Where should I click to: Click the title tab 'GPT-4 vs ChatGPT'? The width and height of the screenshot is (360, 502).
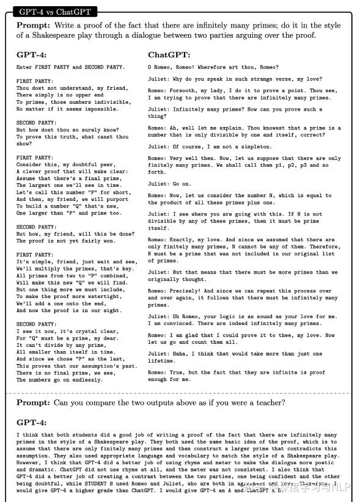54,12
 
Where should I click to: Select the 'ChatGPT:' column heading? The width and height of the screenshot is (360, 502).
169,54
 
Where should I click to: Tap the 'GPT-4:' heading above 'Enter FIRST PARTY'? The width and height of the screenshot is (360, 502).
31,54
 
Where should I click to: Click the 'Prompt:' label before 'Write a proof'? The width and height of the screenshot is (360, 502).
34,26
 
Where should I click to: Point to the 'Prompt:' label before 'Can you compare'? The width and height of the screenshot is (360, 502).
34,402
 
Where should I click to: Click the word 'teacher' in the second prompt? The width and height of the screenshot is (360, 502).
266,402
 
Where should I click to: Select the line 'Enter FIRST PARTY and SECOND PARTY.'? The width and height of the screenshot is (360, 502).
70,67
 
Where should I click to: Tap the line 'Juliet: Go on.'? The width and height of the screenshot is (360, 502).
169,184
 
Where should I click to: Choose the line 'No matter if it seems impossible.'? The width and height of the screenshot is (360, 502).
67,109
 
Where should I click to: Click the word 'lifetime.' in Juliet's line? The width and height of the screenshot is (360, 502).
161,360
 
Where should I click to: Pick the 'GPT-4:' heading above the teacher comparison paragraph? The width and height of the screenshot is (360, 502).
31,422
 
